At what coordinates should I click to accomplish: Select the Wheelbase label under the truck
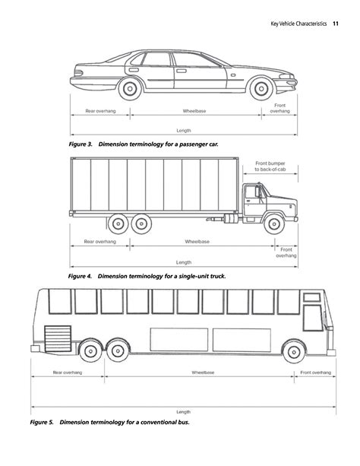pyautogui.click(x=197, y=241)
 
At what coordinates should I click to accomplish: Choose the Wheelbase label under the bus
pyautogui.click(x=202, y=373)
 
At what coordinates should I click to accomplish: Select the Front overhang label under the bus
pyautogui.click(x=315, y=373)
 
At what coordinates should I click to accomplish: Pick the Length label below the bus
pyautogui.click(x=183, y=411)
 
